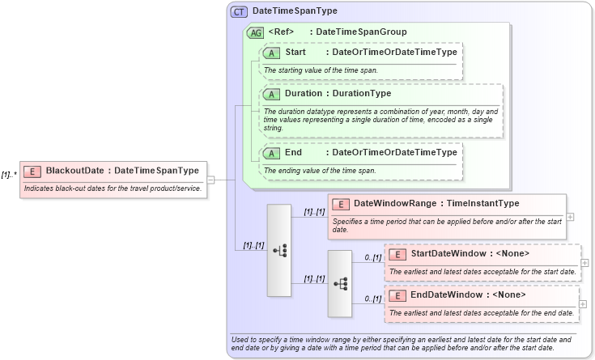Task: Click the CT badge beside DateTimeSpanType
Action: tap(240, 12)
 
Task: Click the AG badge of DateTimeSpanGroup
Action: tap(256, 32)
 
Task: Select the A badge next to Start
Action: tap(271, 53)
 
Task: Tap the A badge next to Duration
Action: tap(271, 94)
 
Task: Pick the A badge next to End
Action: tap(271, 153)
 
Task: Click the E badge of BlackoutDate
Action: tap(32, 171)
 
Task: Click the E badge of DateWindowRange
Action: tap(341, 204)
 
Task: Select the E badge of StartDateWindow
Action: tap(397, 254)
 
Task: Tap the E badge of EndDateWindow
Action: tap(397, 294)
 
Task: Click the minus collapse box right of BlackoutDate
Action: tap(210, 180)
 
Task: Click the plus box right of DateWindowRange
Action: tap(571, 217)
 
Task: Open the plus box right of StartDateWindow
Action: tap(585, 262)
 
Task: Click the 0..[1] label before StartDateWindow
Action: tap(372, 257)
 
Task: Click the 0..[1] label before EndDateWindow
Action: tap(372, 299)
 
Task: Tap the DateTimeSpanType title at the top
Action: tap(283, 12)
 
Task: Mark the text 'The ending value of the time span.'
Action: tap(320, 171)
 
